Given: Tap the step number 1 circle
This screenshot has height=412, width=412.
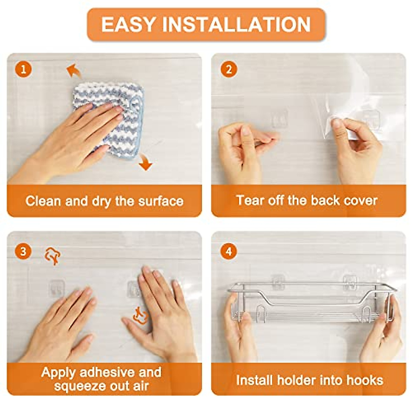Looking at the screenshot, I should tap(23, 69).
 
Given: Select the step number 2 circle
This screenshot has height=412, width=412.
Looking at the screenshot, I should tap(229, 70).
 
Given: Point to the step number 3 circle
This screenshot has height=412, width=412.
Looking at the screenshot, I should tap(23, 251).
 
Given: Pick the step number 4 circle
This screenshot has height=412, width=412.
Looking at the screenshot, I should tap(229, 251).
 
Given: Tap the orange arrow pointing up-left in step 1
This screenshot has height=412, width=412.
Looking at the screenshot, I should tap(73, 71).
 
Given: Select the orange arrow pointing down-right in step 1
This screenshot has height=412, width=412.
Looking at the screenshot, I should tap(146, 162).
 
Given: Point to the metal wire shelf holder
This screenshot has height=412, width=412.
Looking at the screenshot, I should tap(311, 302).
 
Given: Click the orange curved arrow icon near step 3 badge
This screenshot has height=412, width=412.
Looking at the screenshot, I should tap(53, 256).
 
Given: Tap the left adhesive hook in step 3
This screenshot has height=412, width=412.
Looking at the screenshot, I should tap(56, 288).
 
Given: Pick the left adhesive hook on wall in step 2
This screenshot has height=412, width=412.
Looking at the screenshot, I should tap(279, 118).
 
